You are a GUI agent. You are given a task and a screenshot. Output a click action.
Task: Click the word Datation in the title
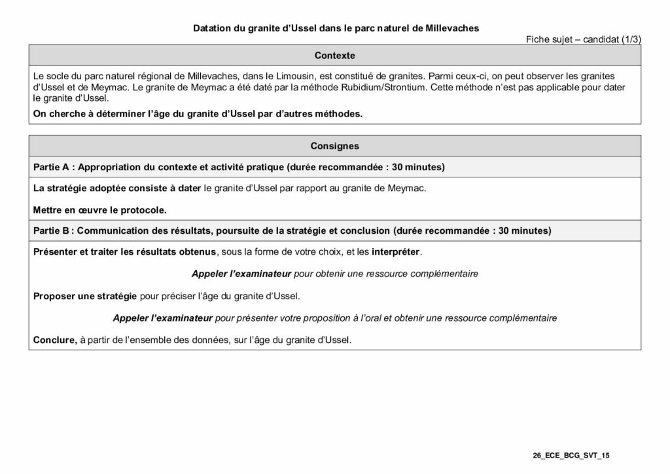[x=211, y=29]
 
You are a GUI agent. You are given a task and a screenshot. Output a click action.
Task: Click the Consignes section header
[x=334, y=146]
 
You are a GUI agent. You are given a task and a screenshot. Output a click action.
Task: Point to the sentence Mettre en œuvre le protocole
[x=99, y=210]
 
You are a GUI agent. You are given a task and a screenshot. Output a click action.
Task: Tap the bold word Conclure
[x=55, y=340]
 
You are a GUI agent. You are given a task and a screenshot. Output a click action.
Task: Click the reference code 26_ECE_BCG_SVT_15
[x=571, y=454]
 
